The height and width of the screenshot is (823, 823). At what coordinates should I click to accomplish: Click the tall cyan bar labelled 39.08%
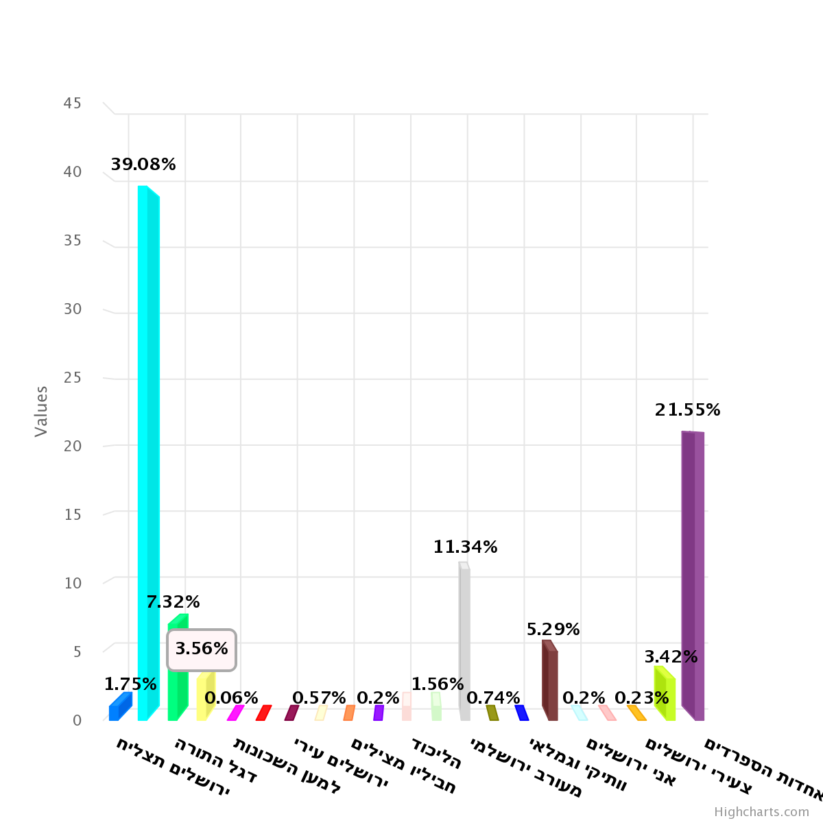point(147,453)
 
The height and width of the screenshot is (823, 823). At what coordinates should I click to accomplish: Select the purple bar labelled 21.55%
point(693,576)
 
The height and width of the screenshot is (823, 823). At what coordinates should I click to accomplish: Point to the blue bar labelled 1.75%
point(119,708)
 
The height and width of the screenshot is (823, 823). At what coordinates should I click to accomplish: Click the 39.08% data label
point(143,165)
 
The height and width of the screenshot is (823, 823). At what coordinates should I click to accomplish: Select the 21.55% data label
point(687,410)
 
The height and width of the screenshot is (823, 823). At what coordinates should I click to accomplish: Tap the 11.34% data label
point(465,547)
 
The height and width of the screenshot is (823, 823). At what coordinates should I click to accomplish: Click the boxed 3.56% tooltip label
point(202,649)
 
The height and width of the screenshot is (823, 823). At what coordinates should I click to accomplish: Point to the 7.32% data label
point(173,602)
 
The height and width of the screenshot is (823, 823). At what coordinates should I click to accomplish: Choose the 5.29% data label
point(553,630)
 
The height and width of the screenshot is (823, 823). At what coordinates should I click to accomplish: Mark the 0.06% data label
point(231,698)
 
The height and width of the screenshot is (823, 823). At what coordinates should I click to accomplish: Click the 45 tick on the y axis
point(72,104)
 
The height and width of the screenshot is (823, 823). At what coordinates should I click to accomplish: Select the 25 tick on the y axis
point(72,378)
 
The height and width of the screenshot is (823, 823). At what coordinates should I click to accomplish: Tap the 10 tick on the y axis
point(72,583)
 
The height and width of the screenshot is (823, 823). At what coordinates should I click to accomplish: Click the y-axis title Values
point(42,411)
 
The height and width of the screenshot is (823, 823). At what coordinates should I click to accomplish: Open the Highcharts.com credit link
point(761,812)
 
